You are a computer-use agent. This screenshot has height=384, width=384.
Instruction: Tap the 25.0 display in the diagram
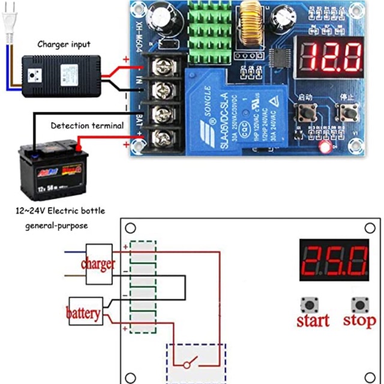(334, 260)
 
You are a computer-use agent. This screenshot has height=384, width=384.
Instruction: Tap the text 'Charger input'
(64, 44)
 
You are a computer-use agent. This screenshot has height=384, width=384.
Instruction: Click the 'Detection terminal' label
(87, 125)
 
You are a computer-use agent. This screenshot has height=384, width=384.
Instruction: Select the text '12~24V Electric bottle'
(60, 211)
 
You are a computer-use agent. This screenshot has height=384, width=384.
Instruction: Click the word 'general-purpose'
(56, 226)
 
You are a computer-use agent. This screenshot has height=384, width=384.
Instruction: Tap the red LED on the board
(325, 147)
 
